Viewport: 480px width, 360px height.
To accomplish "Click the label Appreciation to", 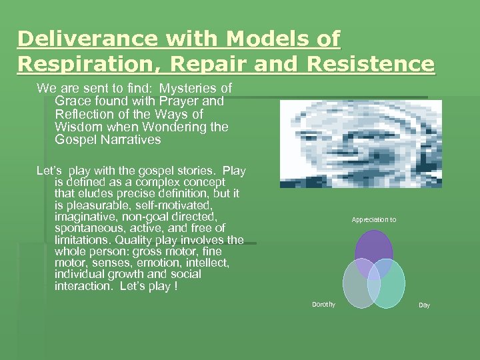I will [x=373, y=219].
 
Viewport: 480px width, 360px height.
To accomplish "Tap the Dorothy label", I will [x=324, y=305].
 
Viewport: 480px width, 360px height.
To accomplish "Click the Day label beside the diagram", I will [x=424, y=305].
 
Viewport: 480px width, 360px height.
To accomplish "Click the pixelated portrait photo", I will [x=360, y=144].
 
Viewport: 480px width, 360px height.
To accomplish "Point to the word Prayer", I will [x=183, y=101].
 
